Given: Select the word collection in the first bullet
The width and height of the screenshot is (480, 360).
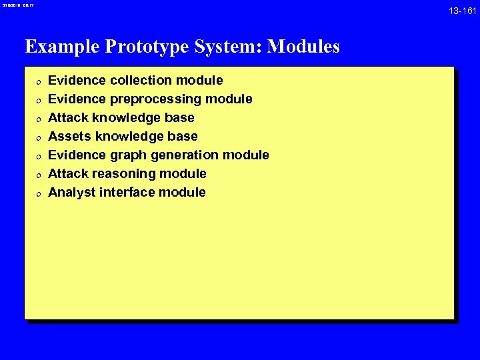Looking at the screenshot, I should point(141,81).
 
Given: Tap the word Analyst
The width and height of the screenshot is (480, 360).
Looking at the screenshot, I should point(71,193).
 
